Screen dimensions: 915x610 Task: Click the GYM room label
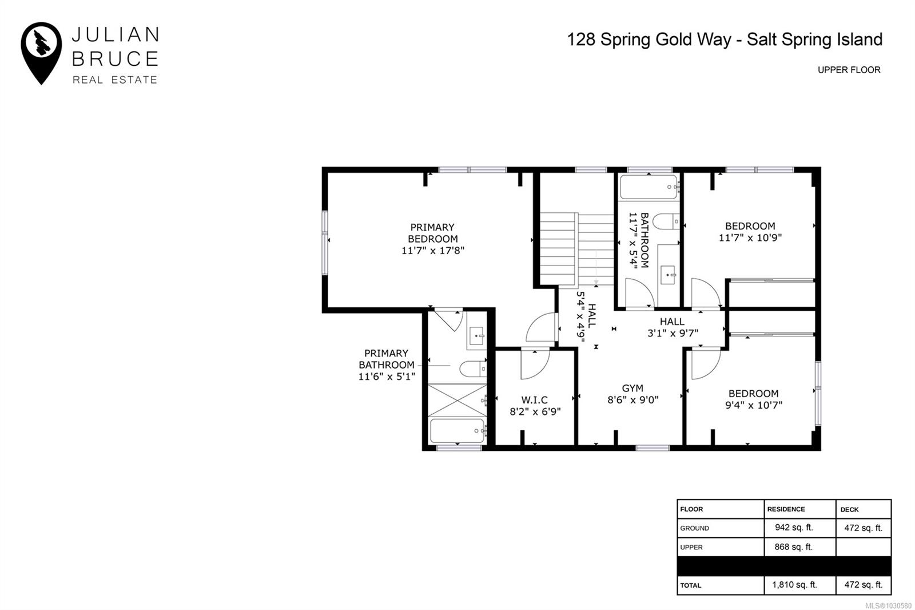point(632,388)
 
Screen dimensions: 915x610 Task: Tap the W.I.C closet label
point(534,400)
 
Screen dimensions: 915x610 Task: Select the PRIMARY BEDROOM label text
point(432,233)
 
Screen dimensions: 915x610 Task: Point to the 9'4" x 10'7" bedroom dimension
point(754,405)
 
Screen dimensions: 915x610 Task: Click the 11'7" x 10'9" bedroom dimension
point(750,237)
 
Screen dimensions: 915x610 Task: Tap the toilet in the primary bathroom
point(473,369)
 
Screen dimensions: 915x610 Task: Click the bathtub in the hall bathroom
point(649,187)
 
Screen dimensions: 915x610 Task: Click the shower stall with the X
point(457,401)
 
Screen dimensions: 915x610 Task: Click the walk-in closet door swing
point(535,364)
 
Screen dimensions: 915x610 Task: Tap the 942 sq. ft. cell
point(794,528)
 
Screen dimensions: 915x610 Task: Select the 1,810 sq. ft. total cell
point(794,585)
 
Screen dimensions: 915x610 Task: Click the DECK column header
point(849,509)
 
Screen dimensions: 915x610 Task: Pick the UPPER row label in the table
point(691,547)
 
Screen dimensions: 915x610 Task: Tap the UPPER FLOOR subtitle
point(849,70)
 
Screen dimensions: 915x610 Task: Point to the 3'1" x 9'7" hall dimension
point(673,333)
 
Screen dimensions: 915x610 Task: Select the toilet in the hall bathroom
point(666,221)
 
